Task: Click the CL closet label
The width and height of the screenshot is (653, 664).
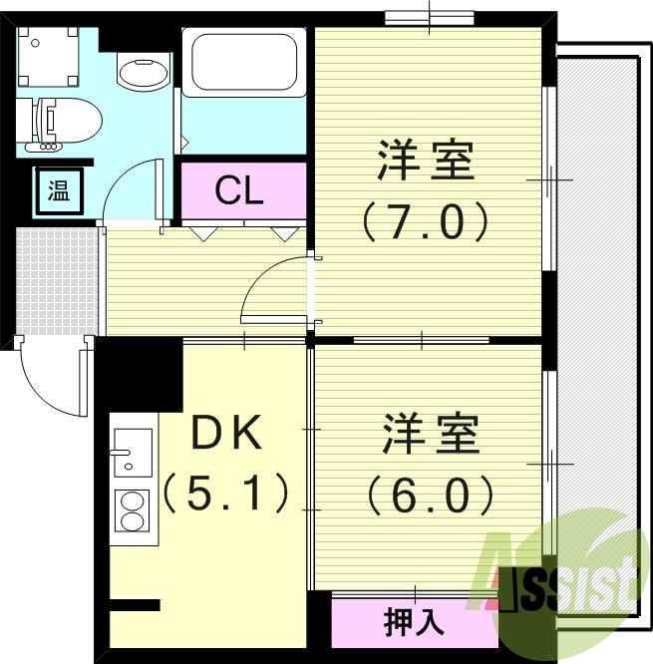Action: (x=240, y=189)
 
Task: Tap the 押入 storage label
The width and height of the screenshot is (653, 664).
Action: (x=414, y=622)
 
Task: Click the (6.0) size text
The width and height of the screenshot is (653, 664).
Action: (x=431, y=494)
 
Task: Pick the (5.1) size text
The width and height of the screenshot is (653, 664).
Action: (x=226, y=493)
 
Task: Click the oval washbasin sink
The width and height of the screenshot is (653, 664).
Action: (x=143, y=71)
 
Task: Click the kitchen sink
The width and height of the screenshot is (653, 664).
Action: (x=132, y=454)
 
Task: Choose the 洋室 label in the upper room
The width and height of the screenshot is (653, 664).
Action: (x=426, y=161)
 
